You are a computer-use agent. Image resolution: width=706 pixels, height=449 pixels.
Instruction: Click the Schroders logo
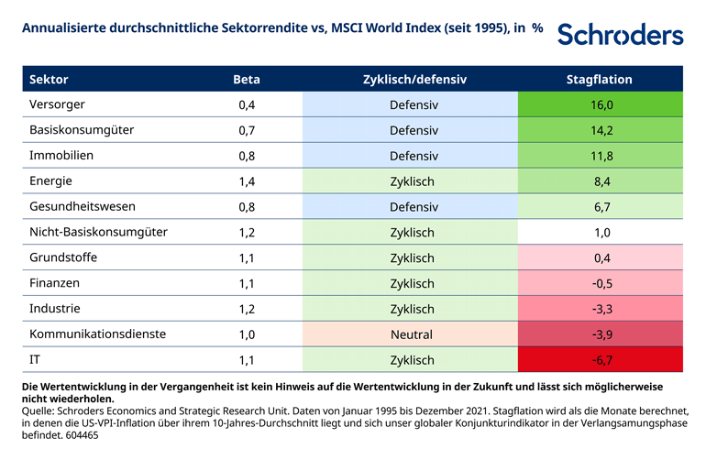(620, 34)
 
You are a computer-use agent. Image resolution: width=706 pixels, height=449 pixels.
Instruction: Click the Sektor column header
(49, 80)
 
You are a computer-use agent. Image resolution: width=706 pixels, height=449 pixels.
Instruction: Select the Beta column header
(247, 80)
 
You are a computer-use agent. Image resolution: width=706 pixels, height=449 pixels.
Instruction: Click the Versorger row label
(57, 104)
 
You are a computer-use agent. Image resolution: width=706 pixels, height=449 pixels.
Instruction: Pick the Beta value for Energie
(247, 181)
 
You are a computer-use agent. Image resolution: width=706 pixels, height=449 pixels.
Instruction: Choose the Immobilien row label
(61, 156)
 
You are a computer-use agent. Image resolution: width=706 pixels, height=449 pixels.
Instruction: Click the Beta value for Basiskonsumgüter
(247, 130)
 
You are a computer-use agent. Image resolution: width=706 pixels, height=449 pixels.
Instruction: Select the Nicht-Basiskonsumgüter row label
(98, 232)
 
